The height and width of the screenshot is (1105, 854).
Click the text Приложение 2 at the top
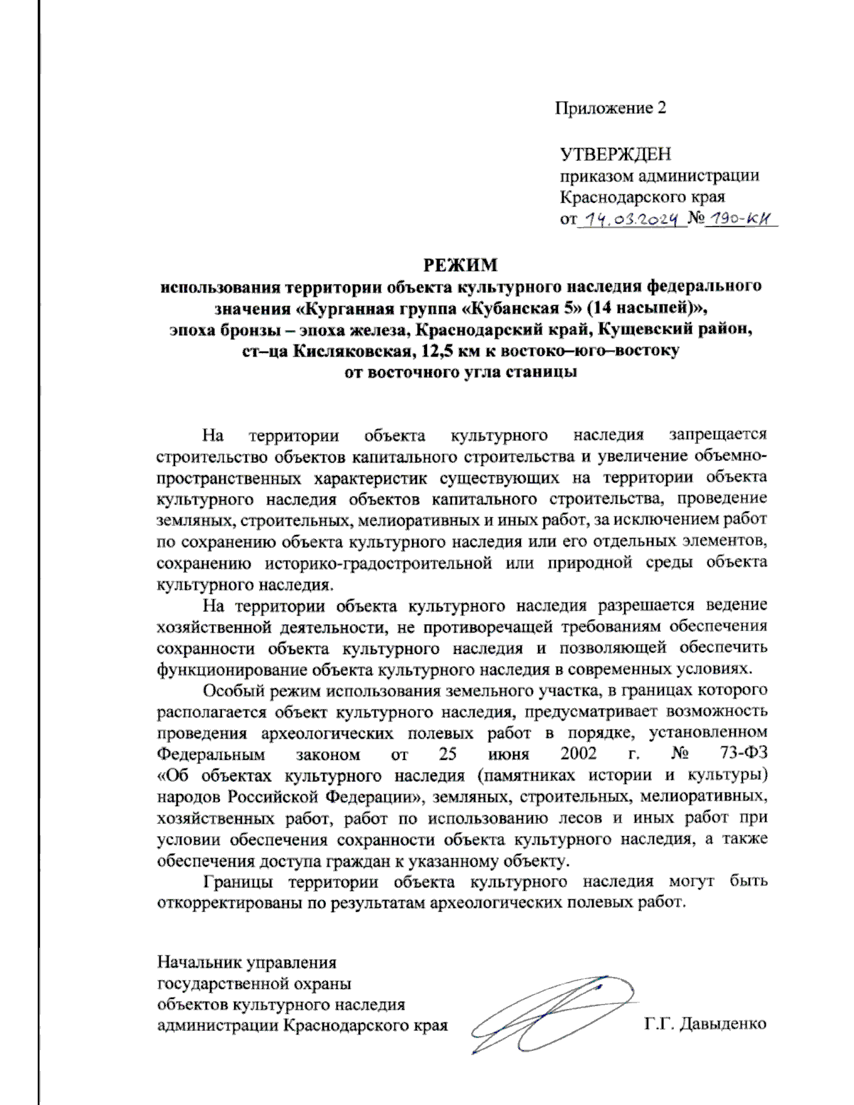point(610,108)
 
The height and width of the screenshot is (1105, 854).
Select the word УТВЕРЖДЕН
point(616,154)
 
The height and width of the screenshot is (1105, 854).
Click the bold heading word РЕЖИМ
point(460,265)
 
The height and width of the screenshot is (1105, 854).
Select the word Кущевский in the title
point(637,329)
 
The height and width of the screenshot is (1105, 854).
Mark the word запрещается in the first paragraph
point(717,434)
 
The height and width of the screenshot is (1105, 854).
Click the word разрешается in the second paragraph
point(645,606)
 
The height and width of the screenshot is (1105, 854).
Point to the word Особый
point(232,689)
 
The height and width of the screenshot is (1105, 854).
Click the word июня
point(509,754)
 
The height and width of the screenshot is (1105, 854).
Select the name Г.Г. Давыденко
point(705,1025)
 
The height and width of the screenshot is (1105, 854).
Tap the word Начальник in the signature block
point(199,963)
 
